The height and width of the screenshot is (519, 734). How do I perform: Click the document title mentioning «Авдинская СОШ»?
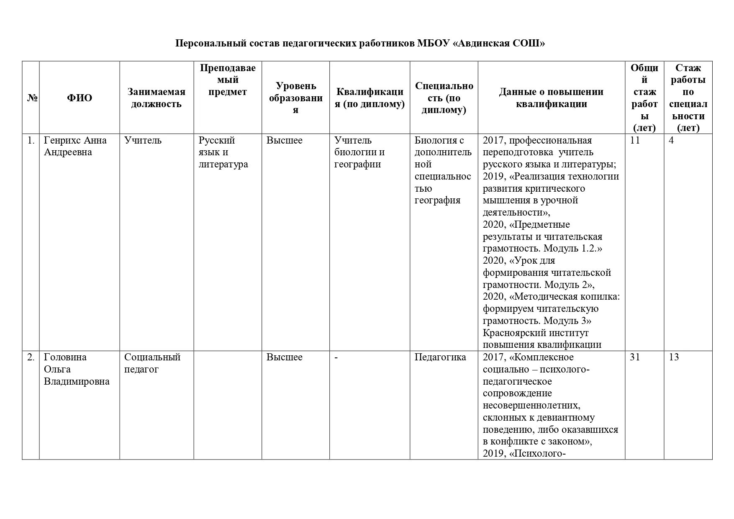pyautogui.click(x=360, y=44)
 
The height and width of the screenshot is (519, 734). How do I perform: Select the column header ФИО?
pyautogui.click(x=80, y=98)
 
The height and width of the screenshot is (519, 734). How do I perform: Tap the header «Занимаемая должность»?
pyautogui.click(x=156, y=98)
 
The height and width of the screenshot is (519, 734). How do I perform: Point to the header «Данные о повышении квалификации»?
pyautogui.click(x=551, y=98)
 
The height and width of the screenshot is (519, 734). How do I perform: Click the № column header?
pyautogui.click(x=31, y=98)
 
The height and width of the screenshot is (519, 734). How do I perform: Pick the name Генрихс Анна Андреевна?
pyautogui.click(x=75, y=146)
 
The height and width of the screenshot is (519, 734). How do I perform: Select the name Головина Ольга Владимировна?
pyautogui.click(x=77, y=369)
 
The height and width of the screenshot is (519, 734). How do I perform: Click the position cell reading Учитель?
pyautogui.click(x=143, y=140)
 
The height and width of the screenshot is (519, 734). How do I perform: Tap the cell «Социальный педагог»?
pyautogui.click(x=152, y=363)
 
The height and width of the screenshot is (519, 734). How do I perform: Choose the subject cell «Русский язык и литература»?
pyautogui.click(x=223, y=152)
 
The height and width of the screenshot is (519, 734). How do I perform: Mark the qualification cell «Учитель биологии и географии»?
pyautogui.click(x=359, y=152)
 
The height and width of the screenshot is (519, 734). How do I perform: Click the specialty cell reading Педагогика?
pyautogui.click(x=440, y=357)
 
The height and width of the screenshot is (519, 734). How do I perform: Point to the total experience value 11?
pyautogui.click(x=635, y=140)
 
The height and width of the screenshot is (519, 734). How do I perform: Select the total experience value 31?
pyautogui.click(x=635, y=357)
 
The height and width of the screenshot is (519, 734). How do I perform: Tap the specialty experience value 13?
pyautogui.click(x=674, y=357)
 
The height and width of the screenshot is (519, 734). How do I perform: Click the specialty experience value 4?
pyautogui.click(x=671, y=140)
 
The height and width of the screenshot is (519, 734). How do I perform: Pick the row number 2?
pyautogui.click(x=31, y=357)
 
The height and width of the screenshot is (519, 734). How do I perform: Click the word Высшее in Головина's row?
pyautogui.click(x=284, y=357)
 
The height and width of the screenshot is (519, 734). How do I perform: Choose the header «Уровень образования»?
pyautogui.click(x=295, y=98)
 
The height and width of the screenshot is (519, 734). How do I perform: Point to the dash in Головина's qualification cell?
pyautogui.click(x=336, y=357)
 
